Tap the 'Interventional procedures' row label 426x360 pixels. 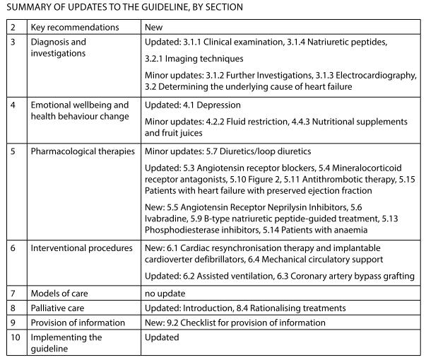pos(81,248)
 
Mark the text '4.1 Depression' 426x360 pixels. pos(211,105)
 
